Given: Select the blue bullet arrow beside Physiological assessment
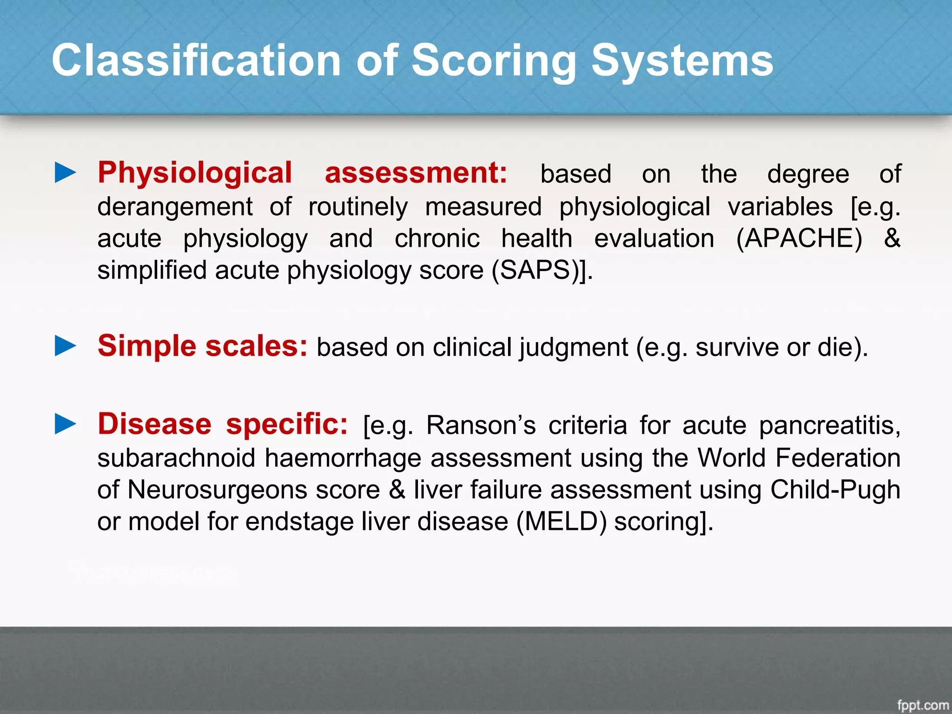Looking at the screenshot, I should (66, 172).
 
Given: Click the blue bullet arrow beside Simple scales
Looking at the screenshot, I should (66, 346).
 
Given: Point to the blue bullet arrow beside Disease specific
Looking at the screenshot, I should (66, 424).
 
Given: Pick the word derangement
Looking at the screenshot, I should (175, 207).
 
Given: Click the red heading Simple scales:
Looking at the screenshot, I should (202, 346).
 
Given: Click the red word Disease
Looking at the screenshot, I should (154, 424).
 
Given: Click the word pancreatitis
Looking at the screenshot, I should (830, 425).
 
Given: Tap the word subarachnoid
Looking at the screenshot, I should (177, 458).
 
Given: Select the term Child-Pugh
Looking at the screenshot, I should (835, 489).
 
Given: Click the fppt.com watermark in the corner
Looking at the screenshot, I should (923, 705).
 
